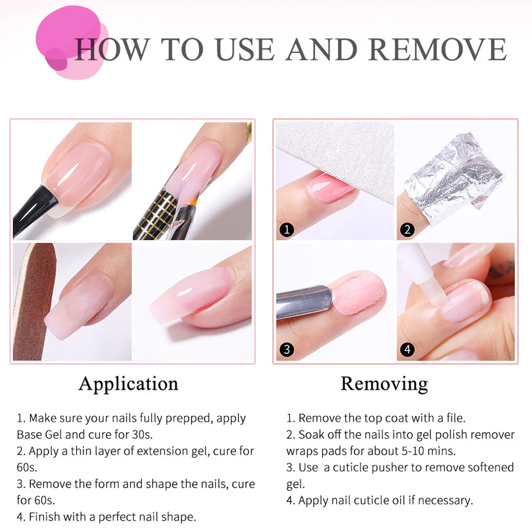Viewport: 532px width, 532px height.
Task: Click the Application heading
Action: (128, 384)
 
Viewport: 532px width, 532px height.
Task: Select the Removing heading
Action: (384, 384)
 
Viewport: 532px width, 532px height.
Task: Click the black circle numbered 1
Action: (287, 229)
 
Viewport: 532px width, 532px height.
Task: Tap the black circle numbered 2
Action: (407, 229)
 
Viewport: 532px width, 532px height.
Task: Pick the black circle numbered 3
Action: (287, 349)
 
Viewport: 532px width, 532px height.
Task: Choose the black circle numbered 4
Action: (407, 349)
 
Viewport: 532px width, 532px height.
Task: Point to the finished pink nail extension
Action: (189, 296)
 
